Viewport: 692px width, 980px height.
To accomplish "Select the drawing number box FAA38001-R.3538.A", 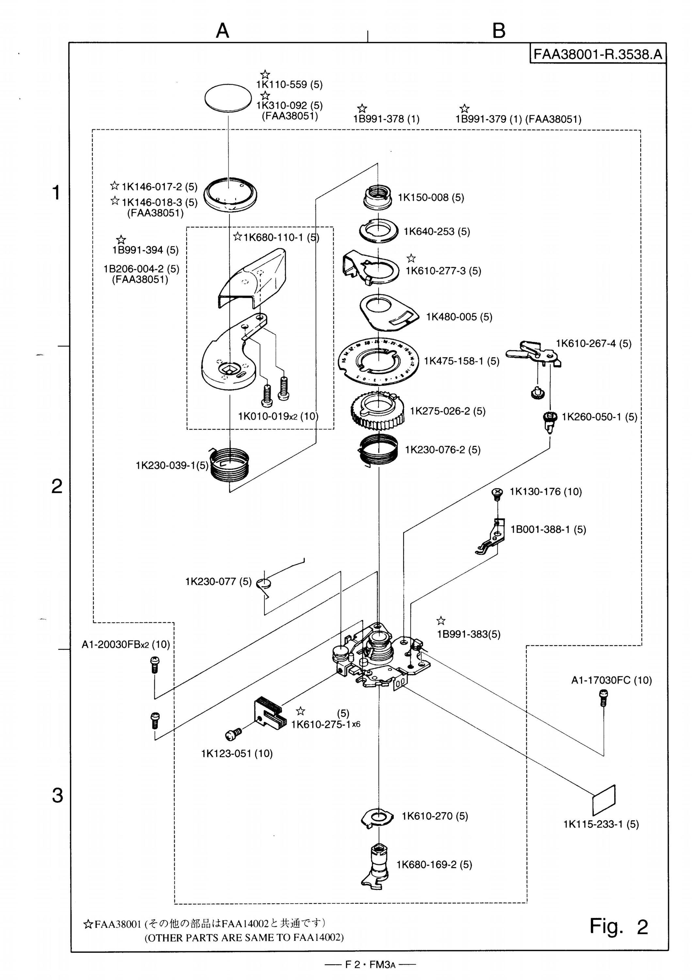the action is click(598, 54).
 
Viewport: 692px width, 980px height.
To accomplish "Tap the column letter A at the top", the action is click(222, 31).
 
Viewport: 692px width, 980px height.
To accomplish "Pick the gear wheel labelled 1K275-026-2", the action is click(377, 411).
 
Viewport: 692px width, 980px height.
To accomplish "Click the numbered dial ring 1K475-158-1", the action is click(377, 359).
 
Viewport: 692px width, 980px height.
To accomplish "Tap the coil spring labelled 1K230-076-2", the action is click(378, 449).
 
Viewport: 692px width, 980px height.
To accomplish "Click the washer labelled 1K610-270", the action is click(377, 817).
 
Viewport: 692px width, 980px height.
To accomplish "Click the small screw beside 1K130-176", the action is click(497, 494).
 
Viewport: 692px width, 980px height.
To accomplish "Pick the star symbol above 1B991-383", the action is click(441, 621).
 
